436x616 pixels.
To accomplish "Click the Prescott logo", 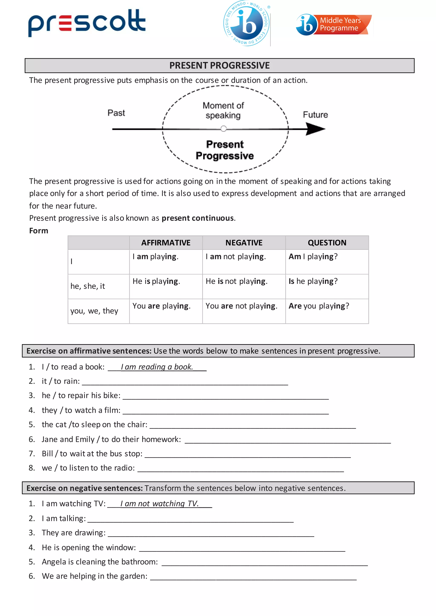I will click(x=87, y=23).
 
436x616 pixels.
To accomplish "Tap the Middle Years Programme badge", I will click(x=334, y=25).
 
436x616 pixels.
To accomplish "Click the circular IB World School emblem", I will click(x=247, y=24).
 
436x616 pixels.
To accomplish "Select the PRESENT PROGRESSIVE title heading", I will click(x=219, y=66).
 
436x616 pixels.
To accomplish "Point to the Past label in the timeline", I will click(x=116, y=113).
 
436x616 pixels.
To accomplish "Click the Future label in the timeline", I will click(x=315, y=115).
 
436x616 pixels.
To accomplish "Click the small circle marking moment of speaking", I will click(x=223, y=129).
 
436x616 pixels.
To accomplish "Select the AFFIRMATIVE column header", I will click(x=166, y=243).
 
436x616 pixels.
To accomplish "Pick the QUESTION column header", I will click(x=327, y=243).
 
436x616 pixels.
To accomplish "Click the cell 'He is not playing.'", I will click(x=236, y=281).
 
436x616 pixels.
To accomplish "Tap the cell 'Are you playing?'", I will click(x=319, y=306).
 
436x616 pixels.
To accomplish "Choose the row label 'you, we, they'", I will click(x=94, y=311).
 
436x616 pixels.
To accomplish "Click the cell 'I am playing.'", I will click(x=155, y=257).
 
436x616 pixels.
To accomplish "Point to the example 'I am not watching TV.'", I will click(x=159, y=504).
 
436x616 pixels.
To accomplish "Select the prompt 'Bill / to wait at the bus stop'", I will click(x=92, y=454).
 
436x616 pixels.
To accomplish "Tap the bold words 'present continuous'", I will click(x=197, y=218).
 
